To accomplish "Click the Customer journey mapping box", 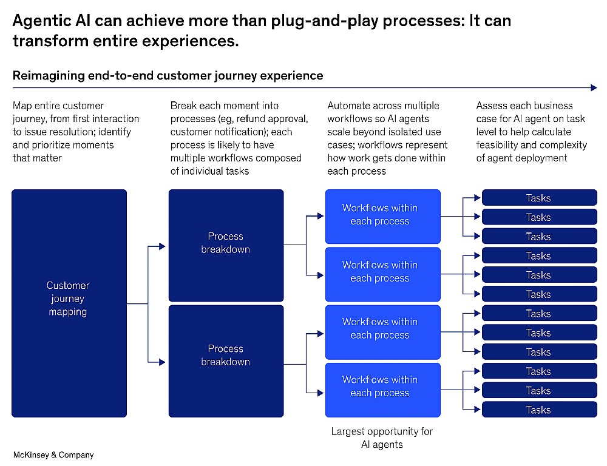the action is (x=69, y=303).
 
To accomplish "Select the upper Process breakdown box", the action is (x=226, y=245).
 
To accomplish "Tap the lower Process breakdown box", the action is (x=226, y=361).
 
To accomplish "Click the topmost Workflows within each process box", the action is (x=383, y=217).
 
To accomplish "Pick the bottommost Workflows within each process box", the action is (x=383, y=390).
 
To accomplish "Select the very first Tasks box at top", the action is (x=539, y=197).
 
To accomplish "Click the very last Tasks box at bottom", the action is (x=539, y=410).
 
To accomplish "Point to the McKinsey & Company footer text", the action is (x=53, y=455).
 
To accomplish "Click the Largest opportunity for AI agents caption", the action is (x=382, y=437).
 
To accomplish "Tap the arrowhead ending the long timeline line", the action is (x=594, y=87).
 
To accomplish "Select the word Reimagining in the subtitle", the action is (x=49, y=75).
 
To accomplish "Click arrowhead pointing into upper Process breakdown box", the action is (x=162, y=246).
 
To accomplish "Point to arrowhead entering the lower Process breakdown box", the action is (x=162, y=362).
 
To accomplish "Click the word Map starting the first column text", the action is (x=22, y=106).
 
